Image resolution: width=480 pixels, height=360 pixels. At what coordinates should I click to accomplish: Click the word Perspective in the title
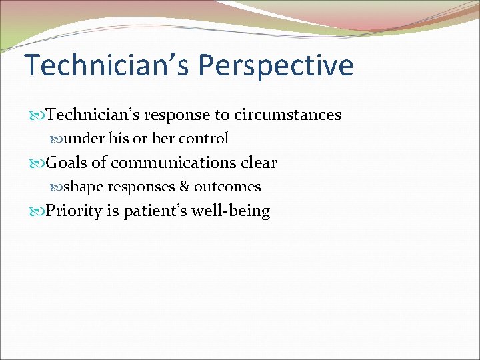275,66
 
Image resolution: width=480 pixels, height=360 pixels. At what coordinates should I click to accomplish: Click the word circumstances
287,115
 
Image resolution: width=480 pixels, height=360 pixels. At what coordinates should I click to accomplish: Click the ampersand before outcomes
185,187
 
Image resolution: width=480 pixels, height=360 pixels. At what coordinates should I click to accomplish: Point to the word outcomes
227,187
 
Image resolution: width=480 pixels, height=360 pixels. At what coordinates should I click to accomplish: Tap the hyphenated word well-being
231,211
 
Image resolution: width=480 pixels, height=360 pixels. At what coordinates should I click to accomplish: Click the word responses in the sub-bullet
141,187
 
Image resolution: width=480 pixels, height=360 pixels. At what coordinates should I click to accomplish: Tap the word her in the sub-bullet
162,139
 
